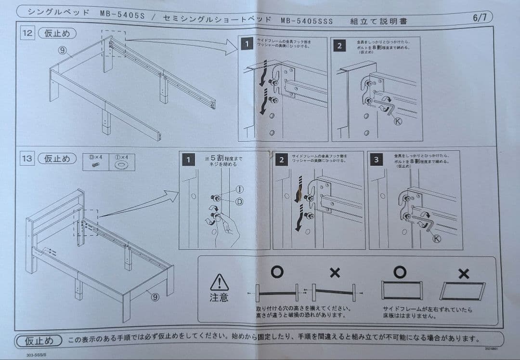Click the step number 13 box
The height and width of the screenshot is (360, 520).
point(26,159)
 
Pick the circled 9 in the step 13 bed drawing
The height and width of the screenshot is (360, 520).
point(155,297)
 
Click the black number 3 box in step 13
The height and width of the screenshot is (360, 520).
point(376,160)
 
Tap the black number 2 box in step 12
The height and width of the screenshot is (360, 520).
point(339,45)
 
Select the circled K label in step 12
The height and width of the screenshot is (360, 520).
point(398,121)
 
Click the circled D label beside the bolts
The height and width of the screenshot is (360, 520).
point(239,201)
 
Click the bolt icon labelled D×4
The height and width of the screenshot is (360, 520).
point(95,165)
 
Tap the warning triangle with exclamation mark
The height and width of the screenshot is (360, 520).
point(219,282)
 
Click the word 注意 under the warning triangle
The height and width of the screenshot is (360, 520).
point(219,297)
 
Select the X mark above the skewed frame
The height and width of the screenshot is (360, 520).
point(463,274)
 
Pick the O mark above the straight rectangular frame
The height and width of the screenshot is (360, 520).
point(400,272)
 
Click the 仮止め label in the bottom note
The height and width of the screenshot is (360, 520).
point(39,340)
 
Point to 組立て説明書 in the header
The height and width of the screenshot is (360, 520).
point(378,21)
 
